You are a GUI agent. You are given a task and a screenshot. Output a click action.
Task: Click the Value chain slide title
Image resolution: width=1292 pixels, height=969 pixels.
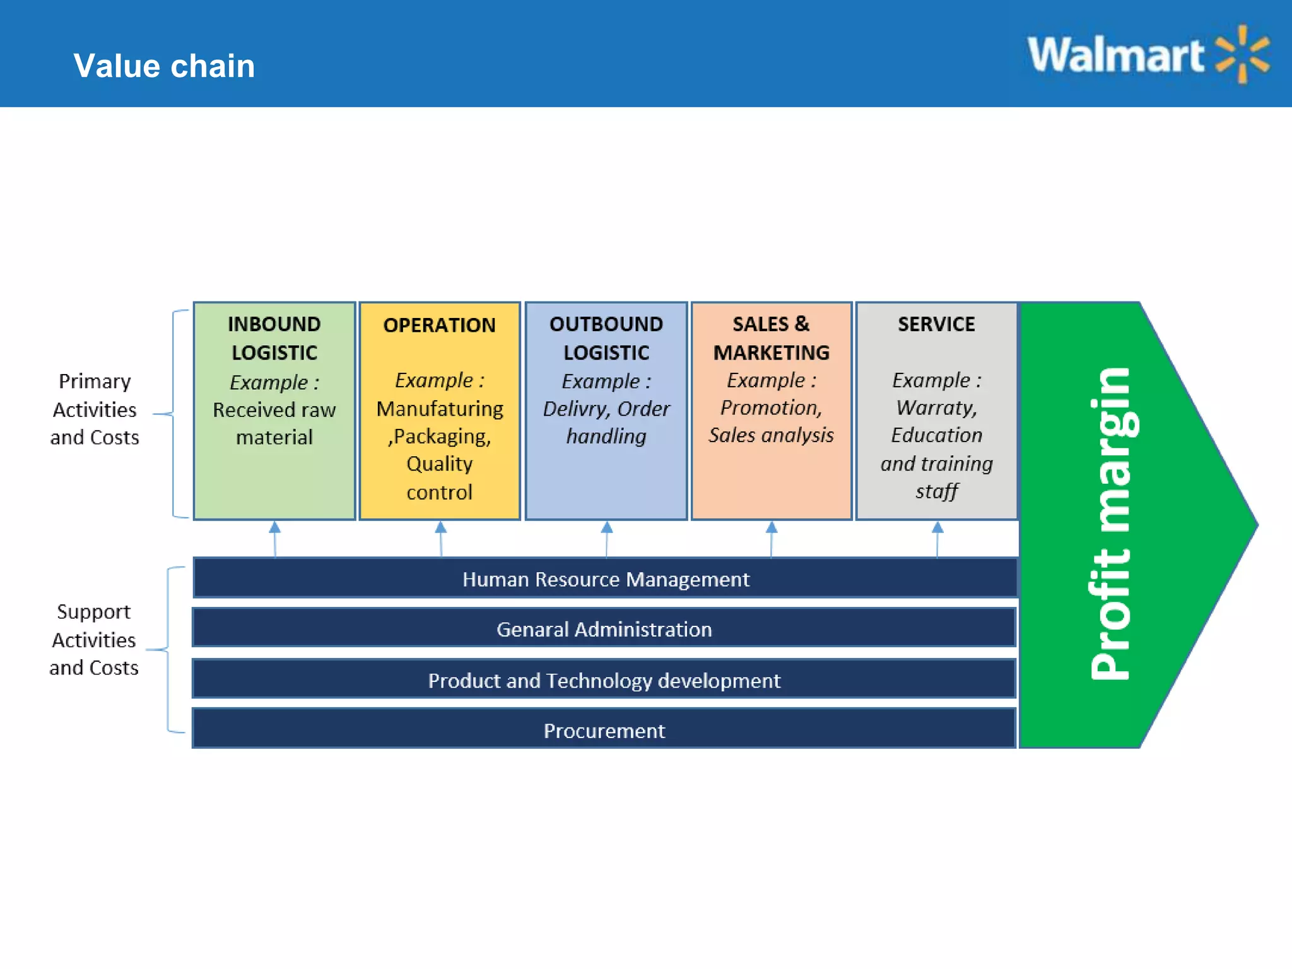point(164,66)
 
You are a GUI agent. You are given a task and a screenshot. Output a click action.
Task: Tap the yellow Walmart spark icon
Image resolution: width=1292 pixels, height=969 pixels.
point(1242,54)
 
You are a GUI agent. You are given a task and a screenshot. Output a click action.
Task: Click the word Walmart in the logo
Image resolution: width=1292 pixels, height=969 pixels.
point(1115,56)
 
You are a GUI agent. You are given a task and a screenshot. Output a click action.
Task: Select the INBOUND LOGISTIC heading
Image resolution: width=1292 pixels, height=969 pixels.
point(274,338)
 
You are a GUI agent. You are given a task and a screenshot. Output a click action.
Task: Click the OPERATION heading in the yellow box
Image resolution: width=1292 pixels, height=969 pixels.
point(439,325)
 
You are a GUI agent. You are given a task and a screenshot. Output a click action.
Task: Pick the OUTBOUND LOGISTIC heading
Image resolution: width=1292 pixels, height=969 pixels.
point(606,338)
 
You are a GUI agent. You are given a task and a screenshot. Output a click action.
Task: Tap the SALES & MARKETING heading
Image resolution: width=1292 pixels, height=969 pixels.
point(771,338)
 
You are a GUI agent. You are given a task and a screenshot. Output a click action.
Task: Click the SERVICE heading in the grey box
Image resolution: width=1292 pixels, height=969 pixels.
point(936,324)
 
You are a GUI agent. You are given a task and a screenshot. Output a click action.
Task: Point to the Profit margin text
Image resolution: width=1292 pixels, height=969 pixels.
point(1112,524)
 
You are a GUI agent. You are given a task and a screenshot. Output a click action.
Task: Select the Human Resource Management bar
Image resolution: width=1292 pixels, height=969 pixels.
point(606,578)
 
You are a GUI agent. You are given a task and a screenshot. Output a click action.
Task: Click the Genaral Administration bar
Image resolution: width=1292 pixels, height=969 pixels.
point(604,628)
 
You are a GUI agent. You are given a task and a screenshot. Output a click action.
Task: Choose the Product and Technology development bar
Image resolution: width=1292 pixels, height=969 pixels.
point(604,680)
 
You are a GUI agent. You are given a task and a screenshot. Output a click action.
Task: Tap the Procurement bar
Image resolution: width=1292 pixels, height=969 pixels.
point(604,730)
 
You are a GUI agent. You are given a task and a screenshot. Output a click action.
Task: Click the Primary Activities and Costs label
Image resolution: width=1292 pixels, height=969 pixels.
point(95,409)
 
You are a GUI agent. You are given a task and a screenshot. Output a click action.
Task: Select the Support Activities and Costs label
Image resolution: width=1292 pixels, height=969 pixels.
point(93,639)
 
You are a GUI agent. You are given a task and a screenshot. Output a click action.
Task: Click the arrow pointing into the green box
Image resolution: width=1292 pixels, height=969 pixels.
point(274,537)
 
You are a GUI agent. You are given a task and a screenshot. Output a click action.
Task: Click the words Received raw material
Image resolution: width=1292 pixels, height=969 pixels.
point(274,423)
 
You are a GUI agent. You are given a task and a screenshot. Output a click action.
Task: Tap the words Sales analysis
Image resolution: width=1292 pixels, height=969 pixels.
point(771,435)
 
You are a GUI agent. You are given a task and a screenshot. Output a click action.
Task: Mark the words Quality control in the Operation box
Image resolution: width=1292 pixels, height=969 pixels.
point(439,478)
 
